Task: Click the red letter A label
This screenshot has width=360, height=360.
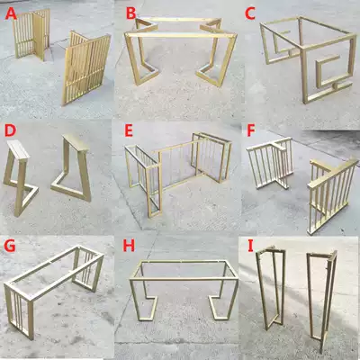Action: [x=13, y=15]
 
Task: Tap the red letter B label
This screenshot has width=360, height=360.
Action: [x=130, y=14]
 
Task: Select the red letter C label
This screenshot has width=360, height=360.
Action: [x=251, y=13]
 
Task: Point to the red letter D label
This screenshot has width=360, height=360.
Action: [x=10, y=132]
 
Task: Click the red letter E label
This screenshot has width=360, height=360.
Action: [x=130, y=131]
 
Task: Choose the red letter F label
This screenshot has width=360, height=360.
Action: [x=250, y=131]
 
